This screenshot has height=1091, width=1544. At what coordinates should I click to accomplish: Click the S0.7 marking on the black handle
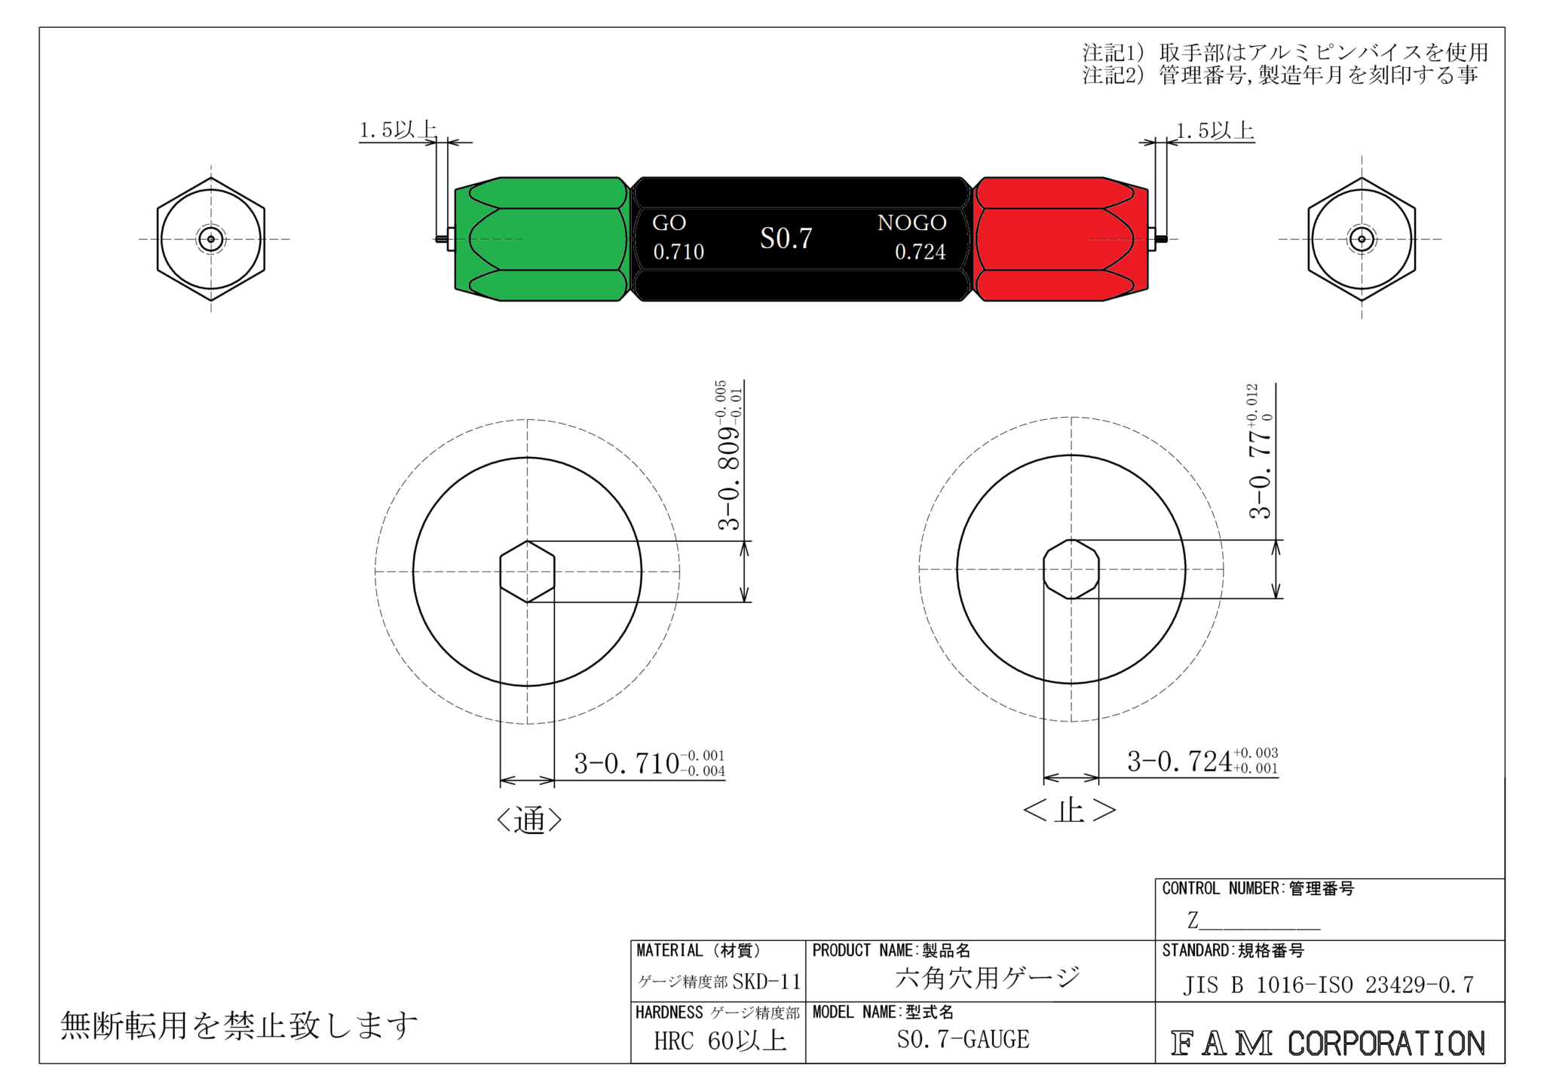(786, 238)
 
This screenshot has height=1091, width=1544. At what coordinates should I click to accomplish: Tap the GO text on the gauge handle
(669, 223)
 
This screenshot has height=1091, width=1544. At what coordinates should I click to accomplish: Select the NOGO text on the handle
(911, 222)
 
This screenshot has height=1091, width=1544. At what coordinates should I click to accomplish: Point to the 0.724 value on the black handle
(920, 252)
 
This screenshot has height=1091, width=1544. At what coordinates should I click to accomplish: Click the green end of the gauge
(541, 239)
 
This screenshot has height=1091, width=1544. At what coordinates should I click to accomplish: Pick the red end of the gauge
(1060, 239)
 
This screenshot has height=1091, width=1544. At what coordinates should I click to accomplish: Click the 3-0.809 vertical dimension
(729, 456)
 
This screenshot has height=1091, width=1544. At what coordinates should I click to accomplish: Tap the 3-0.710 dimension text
(649, 763)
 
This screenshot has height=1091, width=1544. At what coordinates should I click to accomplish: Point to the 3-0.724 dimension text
(1202, 760)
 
